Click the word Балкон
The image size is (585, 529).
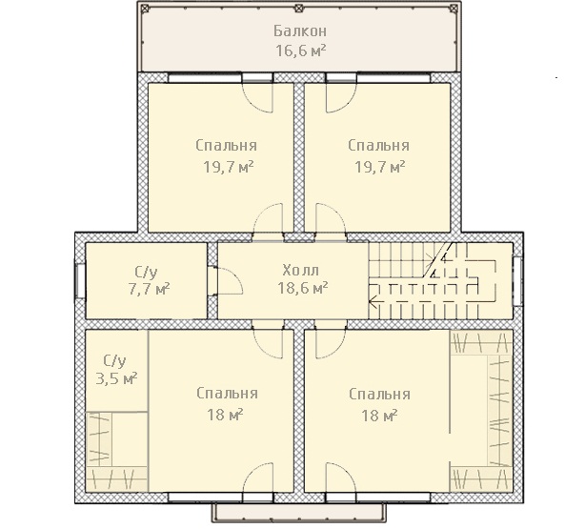point(300,31)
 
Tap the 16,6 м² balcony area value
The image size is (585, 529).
point(301,51)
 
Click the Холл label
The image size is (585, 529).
point(301,270)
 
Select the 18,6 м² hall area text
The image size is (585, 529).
point(303,288)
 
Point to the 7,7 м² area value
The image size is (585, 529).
point(150,290)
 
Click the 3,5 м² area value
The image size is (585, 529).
point(116,379)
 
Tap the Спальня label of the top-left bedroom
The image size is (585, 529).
point(227,146)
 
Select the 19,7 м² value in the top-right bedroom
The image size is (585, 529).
point(380,167)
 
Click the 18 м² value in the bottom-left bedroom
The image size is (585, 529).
point(226,415)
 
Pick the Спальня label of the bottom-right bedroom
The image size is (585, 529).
point(380,395)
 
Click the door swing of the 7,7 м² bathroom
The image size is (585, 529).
point(231,281)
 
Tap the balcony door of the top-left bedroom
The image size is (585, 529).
point(258,95)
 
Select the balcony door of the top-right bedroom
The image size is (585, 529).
point(341,95)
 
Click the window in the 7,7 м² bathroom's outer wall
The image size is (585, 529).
point(80,281)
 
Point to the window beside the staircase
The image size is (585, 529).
point(517,281)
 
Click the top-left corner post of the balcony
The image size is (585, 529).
point(146,8)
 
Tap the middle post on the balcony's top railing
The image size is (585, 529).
point(298,8)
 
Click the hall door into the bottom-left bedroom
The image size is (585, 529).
point(268,339)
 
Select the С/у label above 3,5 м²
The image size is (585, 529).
point(115,360)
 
